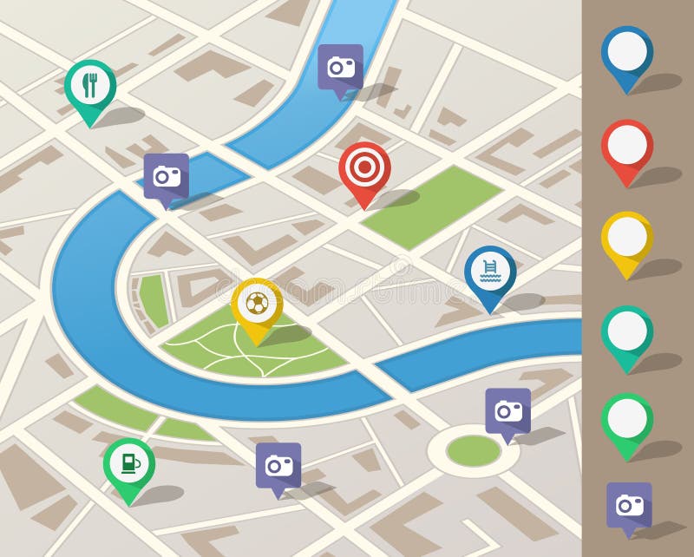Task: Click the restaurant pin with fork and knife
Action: pyautogui.click(x=90, y=84)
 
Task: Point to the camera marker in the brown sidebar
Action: pyautogui.click(x=629, y=504)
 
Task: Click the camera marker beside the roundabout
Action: pyautogui.click(x=507, y=410)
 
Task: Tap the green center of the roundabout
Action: pyautogui.click(x=474, y=449)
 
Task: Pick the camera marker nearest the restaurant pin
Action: pyautogui.click(x=167, y=176)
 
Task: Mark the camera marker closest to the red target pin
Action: pyautogui.click(x=340, y=67)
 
